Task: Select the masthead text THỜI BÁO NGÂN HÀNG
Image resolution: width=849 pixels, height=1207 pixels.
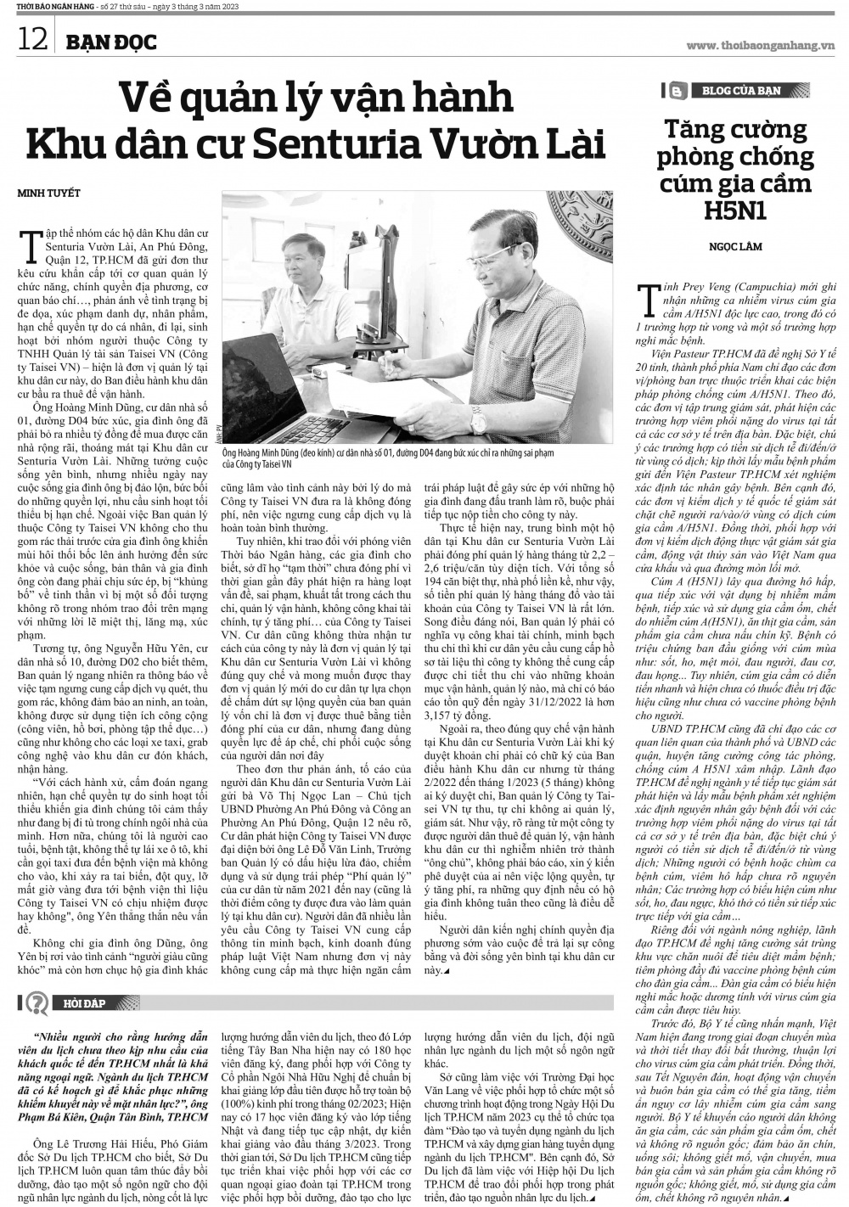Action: [42, 8]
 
